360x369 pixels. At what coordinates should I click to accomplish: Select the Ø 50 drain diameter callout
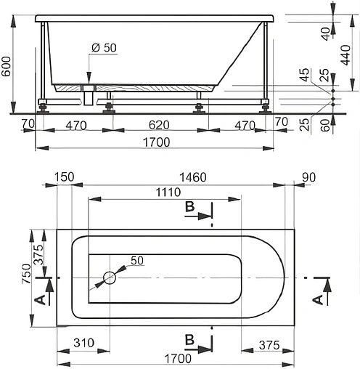click(x=105, y=48)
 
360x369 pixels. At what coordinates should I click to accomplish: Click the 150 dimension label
click(x=64, y=177)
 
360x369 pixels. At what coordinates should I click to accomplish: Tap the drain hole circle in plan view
click(x=110, y=277)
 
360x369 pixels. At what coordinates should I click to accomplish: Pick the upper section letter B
click(x=189, y=208)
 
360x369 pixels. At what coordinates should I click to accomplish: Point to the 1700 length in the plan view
click(x=177, y=359)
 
